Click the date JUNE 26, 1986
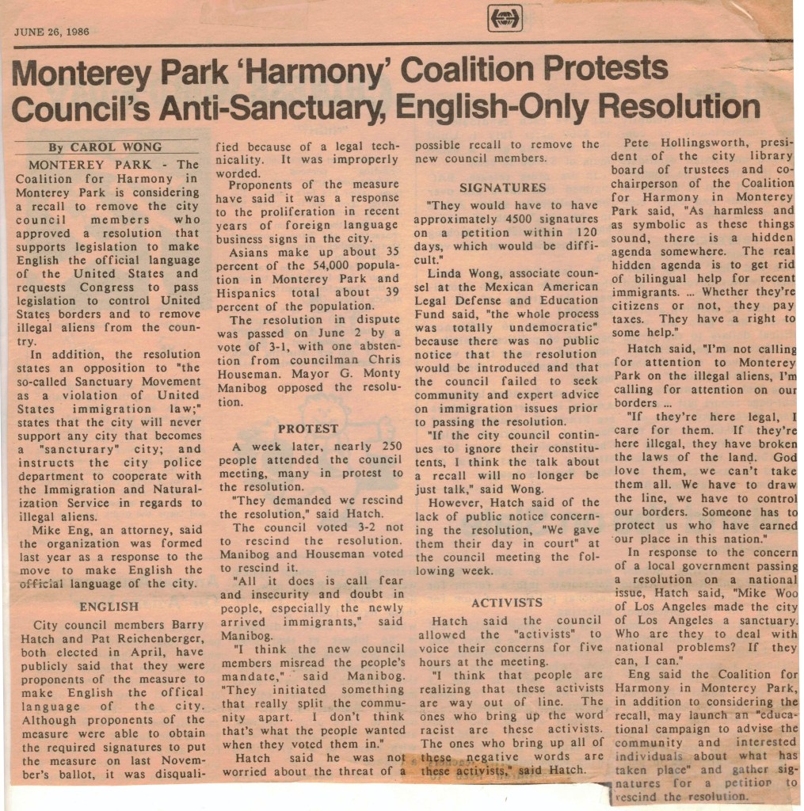click(x=51, y=32)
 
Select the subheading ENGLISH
click(x=109, y=607)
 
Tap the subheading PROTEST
click(x=308, y=428)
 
